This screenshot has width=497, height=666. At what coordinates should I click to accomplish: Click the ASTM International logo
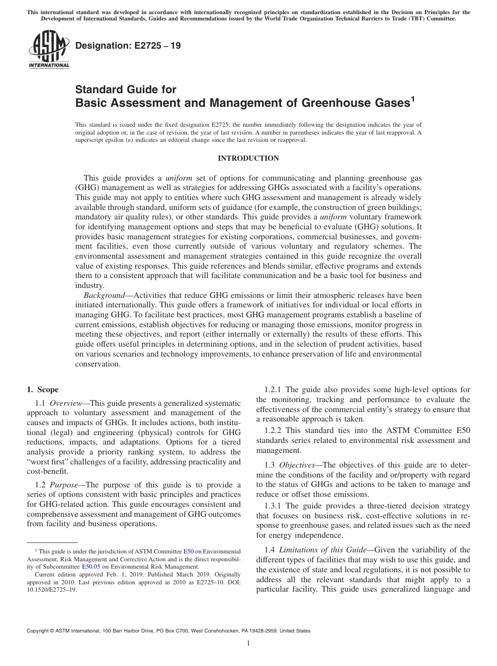tap(48, 50)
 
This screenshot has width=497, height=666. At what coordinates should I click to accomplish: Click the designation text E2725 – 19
tap(129, 46)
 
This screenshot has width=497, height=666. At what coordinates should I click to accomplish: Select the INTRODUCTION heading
tap(248, 158)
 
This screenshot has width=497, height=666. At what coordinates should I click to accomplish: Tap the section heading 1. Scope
tap(43, 390)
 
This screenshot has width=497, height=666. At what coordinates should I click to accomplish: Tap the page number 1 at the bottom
tap(249, 643)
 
